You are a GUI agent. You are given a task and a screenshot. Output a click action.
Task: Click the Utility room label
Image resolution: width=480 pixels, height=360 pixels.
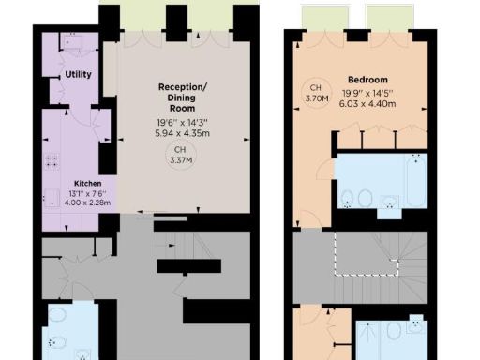pyautogui.click(x=78, y=74)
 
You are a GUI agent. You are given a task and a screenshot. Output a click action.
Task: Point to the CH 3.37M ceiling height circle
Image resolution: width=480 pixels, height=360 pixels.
pyautogui.click(x=175, y=155)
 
